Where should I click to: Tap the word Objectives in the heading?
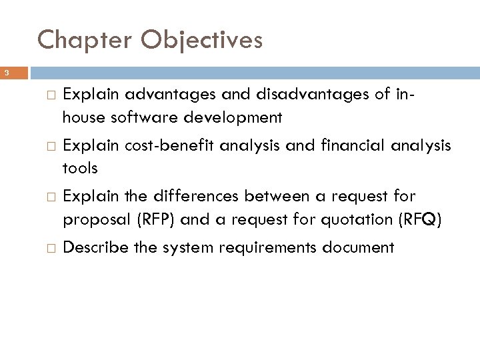(x=200, y=41)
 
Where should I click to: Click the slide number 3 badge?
(x=5, y=72)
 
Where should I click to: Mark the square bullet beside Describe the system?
(x=45, y=248)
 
